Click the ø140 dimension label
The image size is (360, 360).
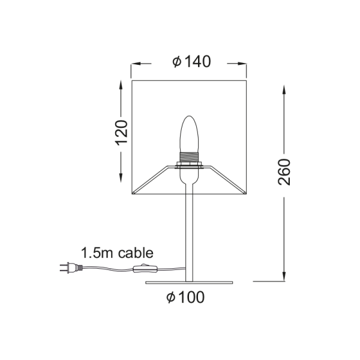[x=191, y=62]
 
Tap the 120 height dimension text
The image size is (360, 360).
[x=122, y=133]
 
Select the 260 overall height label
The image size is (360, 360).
[x=284, y=172]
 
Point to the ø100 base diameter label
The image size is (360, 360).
[x=186, y=296]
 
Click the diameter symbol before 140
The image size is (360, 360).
[x=176, y=62]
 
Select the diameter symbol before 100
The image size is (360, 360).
[x=172, y=296]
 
